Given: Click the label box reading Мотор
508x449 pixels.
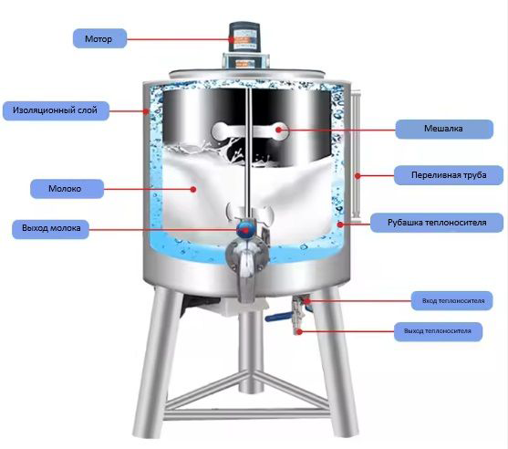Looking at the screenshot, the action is pos(99,38).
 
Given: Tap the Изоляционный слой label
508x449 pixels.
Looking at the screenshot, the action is pos(56,110).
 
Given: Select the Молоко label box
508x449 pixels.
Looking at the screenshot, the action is pos(67,189).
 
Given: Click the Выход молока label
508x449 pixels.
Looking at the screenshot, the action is pos(50,228).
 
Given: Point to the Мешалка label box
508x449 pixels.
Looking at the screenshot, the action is pos(444,129).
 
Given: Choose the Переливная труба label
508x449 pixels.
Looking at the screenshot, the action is pos(449,175).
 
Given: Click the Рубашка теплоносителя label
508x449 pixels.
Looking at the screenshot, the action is pos(437,223).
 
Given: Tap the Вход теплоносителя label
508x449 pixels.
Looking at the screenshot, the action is pos(452,301).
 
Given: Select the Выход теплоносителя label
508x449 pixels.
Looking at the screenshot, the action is pos(438,331).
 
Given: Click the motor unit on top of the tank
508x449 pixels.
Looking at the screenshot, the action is pos(245,45).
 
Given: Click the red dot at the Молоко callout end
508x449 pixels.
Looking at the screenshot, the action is pos(193,189).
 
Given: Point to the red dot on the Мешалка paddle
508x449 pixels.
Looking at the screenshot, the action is pos(279,130).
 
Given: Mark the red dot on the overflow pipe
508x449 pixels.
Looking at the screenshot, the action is pos(358,176).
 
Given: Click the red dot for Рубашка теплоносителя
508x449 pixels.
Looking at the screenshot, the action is pos(340,224).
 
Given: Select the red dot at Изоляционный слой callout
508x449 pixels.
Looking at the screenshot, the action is pos(147,111).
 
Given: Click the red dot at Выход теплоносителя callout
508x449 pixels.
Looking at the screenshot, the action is pos(300,331).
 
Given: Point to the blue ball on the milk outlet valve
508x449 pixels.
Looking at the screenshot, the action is pos(245,228).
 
